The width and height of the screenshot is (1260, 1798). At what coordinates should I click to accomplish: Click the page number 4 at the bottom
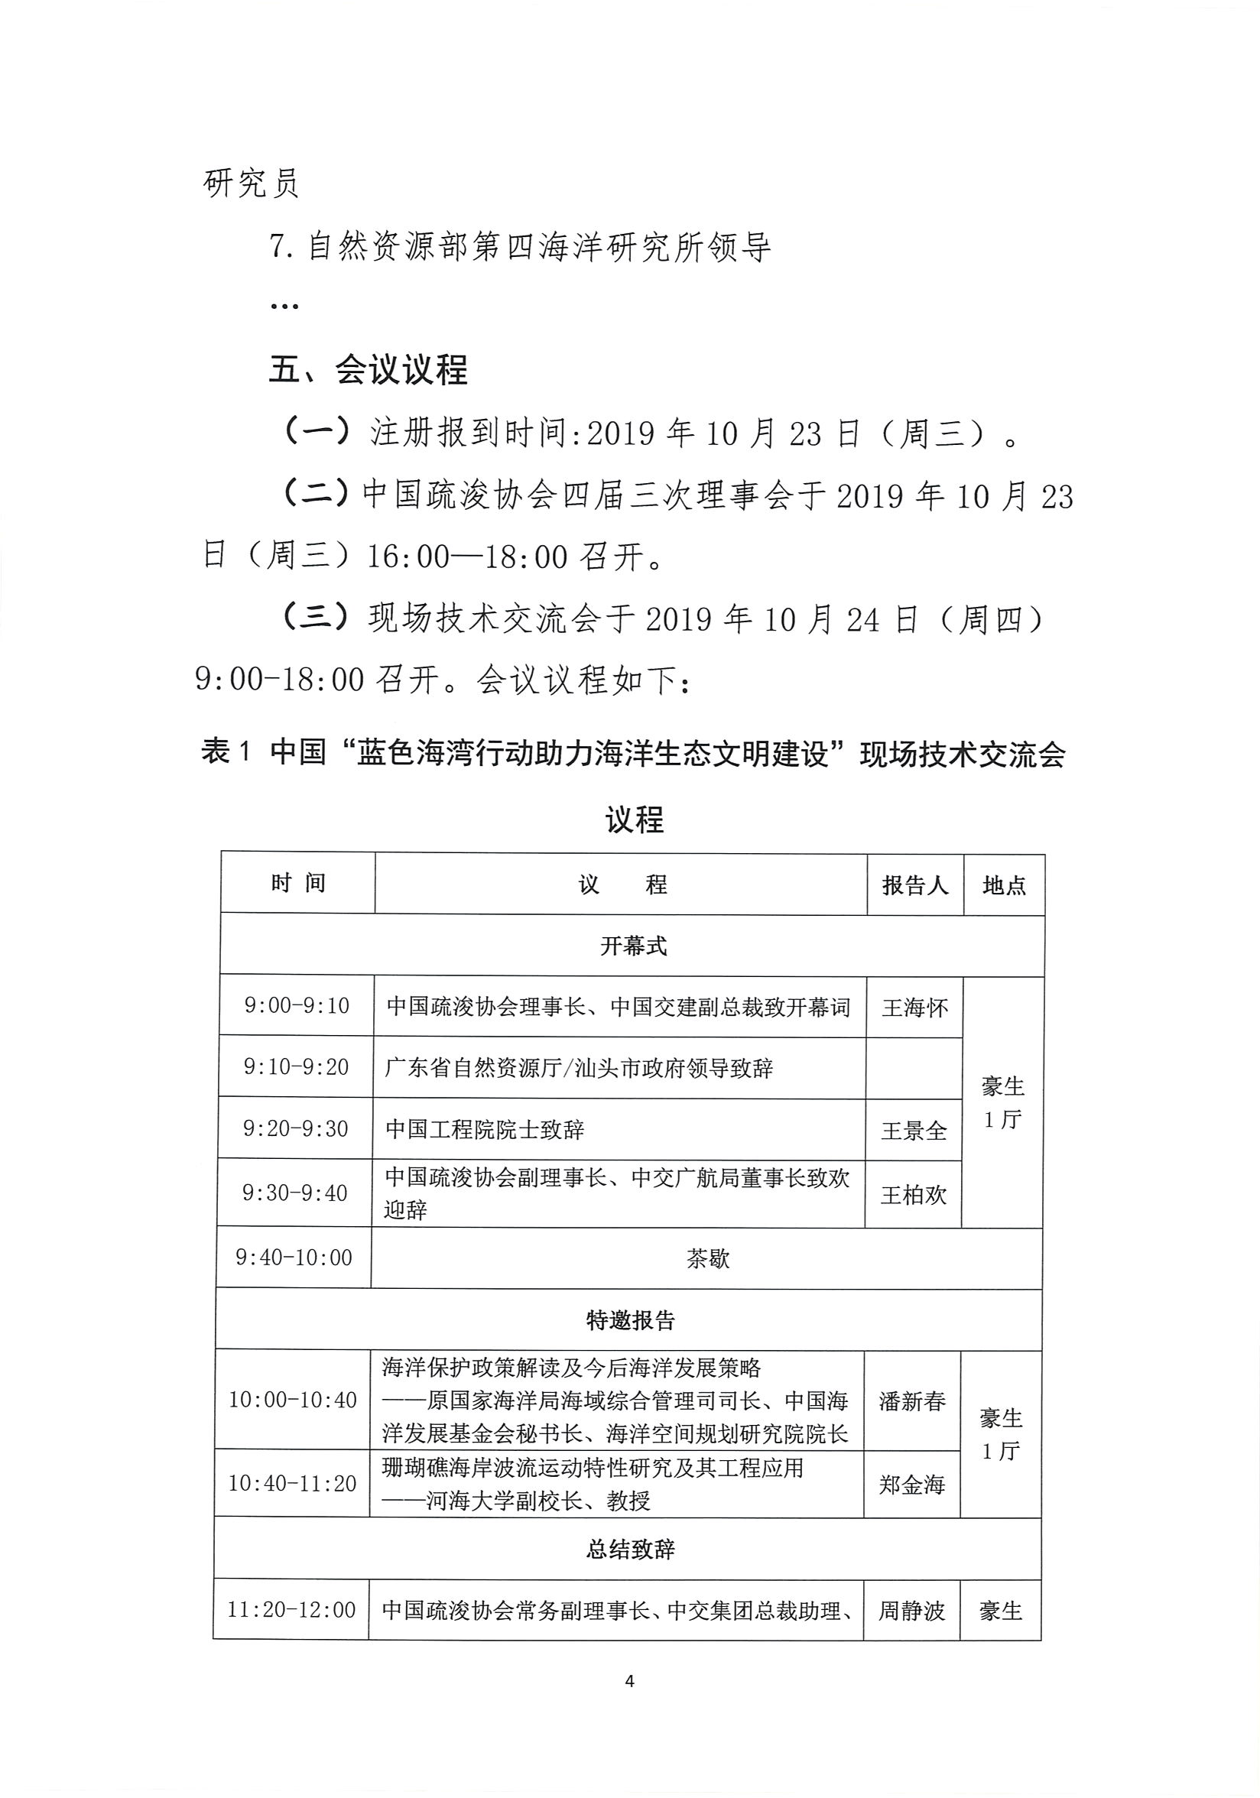point(629,1681)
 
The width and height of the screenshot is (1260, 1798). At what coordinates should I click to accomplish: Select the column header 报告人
point(914,885)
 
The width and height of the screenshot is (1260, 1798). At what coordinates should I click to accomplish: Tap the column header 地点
point(1004,885)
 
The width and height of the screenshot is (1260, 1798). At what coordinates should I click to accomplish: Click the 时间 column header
point(297,884)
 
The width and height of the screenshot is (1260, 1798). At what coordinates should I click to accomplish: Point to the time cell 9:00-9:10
point(297,1005)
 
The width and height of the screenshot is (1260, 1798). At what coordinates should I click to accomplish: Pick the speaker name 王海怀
point(914,1008)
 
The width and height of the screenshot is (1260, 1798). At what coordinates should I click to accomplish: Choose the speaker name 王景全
point(914,1131)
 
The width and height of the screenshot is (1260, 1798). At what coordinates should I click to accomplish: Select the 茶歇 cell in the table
point(708,1258)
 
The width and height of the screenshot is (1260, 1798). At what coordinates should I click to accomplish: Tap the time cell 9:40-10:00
point(294,1258)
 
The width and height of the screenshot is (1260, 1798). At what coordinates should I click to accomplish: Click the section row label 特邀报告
point(631,1320)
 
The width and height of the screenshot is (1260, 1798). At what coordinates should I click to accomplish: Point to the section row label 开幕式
point(634,946)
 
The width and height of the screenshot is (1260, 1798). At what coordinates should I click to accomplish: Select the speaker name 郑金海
point(912,1484)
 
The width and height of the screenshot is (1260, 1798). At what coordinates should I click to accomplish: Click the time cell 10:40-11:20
point(292,1483)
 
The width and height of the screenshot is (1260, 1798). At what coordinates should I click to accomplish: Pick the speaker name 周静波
point(911,1611)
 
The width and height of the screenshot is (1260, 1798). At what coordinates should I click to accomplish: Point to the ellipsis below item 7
point(284,307)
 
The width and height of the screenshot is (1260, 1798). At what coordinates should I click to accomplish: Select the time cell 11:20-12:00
point(291,1610)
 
